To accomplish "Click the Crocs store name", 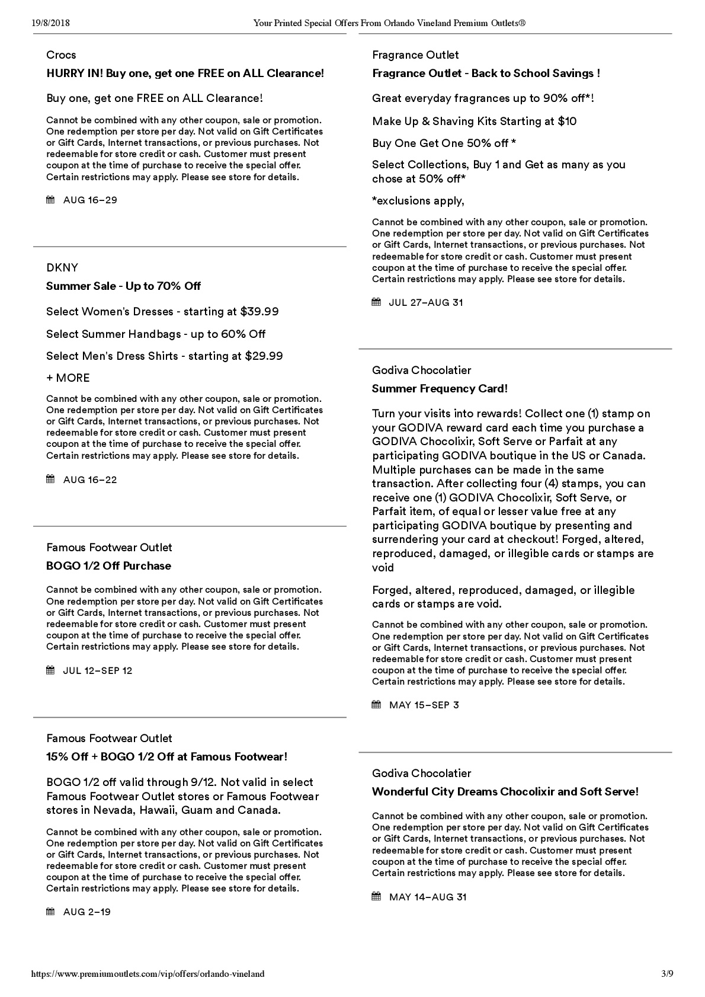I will [61, 55].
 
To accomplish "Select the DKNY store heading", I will [62, 267].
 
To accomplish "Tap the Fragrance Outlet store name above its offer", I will [415, 55].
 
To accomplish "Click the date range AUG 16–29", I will [90, 200].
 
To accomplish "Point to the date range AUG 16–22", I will [90, 480].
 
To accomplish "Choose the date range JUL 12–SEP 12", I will [98, 671].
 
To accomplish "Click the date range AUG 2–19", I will [87, 912].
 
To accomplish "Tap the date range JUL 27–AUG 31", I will [426, 303].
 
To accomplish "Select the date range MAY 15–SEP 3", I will [424, 705].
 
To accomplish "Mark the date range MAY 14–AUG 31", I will [428, 897].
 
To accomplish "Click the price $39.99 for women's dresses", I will [259, 312].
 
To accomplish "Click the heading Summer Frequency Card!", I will [440, 389].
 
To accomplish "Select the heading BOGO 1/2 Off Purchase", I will [108, 566].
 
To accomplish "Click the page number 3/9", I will [666, 974].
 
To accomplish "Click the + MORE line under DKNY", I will [68, 378].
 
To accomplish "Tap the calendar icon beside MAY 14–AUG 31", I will [376, 897].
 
